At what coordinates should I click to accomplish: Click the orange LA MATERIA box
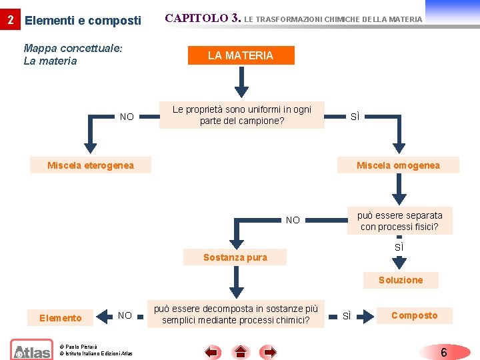click(240, 56)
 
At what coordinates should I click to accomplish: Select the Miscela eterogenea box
click(91, 165)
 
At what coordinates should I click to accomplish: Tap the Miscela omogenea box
click(398, 165)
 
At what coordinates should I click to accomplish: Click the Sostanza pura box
click(235, 257)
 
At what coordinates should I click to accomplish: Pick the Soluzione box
click(400, 280)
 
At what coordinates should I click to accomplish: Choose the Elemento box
click(61, 318)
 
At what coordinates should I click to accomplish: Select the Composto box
click(414, 315)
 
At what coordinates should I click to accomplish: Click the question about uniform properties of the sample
click(242, 115)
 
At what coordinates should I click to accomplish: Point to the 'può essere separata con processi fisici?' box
click(399, 221)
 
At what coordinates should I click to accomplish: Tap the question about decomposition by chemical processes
click(236, 315)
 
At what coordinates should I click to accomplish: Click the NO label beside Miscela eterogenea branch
click(127, 117)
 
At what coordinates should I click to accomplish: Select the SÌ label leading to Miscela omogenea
click(355, 117)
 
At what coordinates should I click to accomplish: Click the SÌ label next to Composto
click(347, 315)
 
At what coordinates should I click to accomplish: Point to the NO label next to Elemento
click(125, 315)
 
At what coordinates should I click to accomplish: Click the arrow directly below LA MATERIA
click(241, 83)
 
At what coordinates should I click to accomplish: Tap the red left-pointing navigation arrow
click(213, 351)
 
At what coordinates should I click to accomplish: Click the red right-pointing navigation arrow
click(269, 351)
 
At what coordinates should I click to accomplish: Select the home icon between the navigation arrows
click(241, 351)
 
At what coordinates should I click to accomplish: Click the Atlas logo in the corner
click(31, 349)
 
